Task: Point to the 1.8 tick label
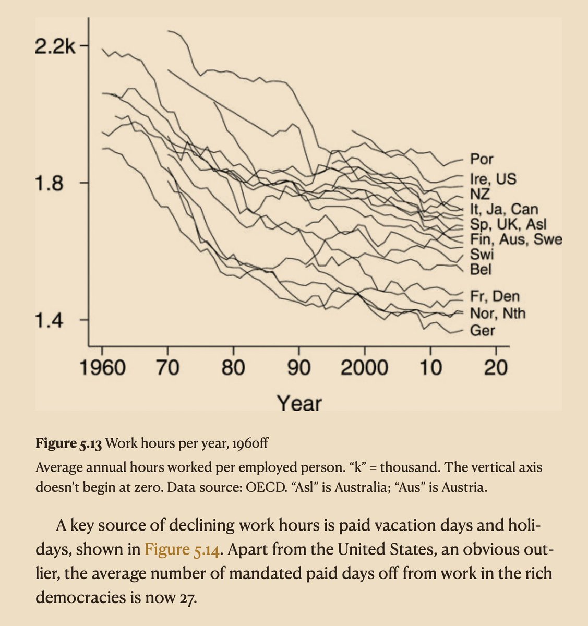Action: pos(49,184)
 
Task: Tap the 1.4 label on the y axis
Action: pos(49,321)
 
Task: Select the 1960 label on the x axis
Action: pos(102,368)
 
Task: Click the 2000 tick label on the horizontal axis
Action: pos(365,368)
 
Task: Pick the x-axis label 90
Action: pos(298,368)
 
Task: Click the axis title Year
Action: pos(299,403)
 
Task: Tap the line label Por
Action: pos(482,159)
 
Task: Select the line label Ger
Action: pos(483,331)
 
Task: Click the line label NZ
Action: pos(480,194)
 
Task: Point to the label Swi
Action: pos(482,255)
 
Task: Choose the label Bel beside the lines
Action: pos(481,270)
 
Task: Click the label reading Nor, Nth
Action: pos(498,314)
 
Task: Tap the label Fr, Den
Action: pos(495,296)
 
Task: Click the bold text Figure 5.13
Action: pos(69,443)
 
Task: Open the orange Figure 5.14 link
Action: pos(182,550)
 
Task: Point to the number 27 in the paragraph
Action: pos(187,598)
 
